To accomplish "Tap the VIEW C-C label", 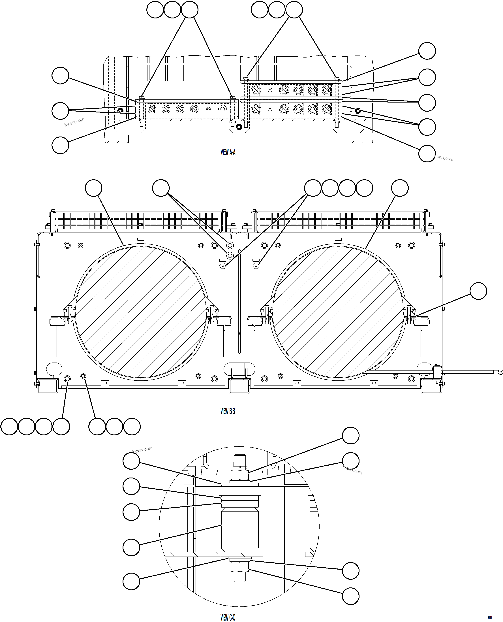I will coord(228,617).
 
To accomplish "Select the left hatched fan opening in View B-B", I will coord(141,312).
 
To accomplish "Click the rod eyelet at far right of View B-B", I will coord(500,372).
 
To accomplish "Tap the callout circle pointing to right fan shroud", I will coord(400,188).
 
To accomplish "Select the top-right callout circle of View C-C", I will coord(351,435).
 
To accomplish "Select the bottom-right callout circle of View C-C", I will coord(351,596).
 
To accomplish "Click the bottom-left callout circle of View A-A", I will coord(60,145).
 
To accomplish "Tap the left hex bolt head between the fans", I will coord(222,265).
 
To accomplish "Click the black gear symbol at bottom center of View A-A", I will coord(239,127).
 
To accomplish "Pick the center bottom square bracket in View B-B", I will coord(239,385).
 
